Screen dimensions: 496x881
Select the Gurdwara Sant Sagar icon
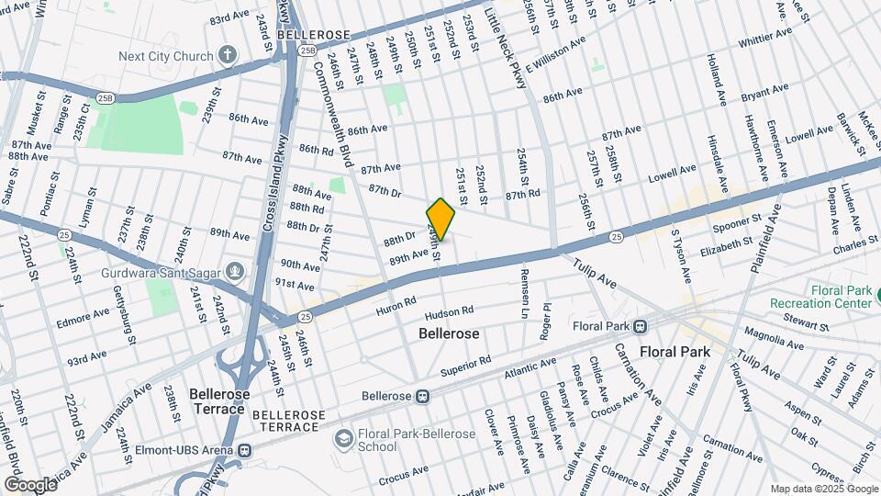click(x=235, y=270)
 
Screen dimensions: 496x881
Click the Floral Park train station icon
click(x=641, y=325)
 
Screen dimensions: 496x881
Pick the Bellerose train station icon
click(x=422, y=396)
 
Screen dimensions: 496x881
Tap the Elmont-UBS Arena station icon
click(x=244, y=450)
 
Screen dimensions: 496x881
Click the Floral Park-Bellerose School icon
click(x=343, y=438)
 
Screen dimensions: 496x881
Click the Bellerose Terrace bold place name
click(x=218, y=400)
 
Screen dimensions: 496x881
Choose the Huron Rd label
click(x=396, y=306)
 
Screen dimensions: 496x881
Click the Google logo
click(x=29, y=484)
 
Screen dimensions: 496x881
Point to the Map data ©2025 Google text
click(x=823, y=489)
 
